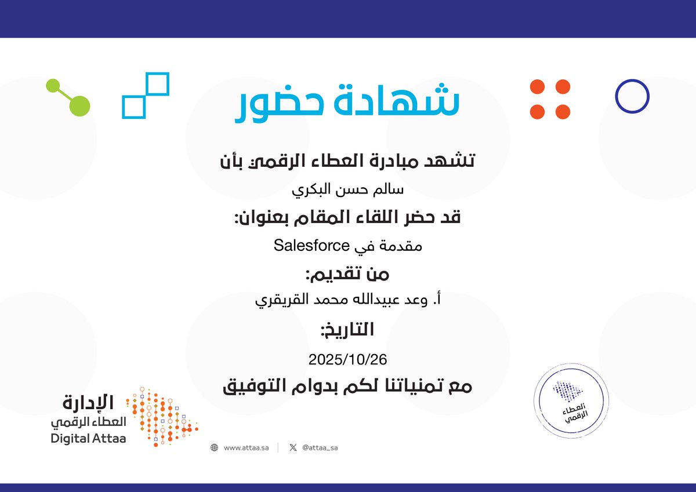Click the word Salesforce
tap(311, 245)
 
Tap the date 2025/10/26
tap(347, 359)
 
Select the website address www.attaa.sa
tap(246, 447)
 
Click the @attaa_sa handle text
tap(320, 447)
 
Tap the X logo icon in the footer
tap(293, 447)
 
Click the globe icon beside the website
tap(214, 447)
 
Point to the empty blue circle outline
tap(632, 96)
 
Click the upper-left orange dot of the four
tap(538, 87)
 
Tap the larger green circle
tap(79, 105)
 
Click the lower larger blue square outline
tap(133, 107)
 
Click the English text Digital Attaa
tap(88, 439)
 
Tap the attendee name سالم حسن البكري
tap(347, 189)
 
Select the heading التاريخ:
tap(347, 330)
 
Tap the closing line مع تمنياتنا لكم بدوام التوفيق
tap(347, 386)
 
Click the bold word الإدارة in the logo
tap(89, 402)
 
